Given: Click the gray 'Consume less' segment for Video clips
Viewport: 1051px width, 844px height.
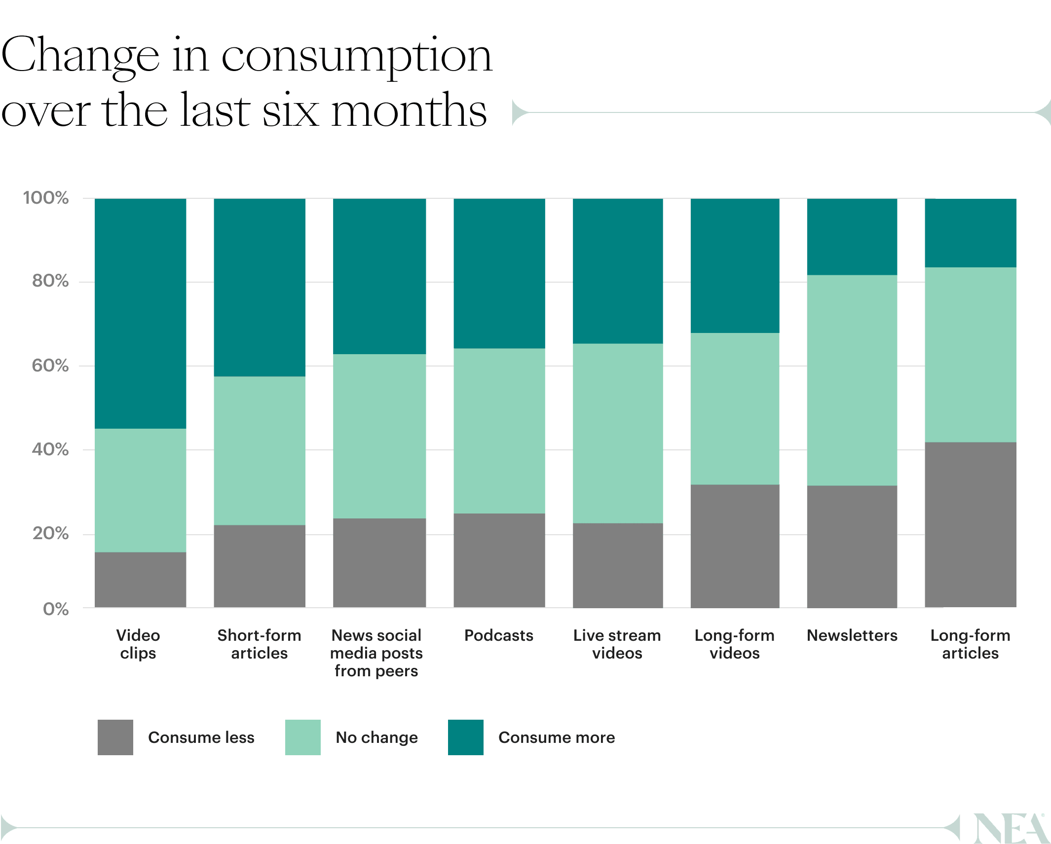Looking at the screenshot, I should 141,580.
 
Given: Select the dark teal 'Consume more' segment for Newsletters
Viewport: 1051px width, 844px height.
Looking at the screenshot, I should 852,237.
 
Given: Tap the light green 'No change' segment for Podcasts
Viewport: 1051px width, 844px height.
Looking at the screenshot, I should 499,431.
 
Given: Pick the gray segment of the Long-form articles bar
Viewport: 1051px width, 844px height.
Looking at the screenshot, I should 970,524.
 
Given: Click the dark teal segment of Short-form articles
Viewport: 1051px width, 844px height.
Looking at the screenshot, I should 260,288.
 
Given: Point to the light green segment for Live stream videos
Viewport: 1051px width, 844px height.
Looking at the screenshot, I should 618,433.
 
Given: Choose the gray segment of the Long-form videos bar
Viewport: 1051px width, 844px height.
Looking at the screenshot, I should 735,546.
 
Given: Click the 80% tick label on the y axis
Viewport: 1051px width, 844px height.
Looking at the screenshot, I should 50,281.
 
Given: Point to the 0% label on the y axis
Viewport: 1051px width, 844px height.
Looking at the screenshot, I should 56,609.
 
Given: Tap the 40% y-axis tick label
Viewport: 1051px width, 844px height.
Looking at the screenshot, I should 50,449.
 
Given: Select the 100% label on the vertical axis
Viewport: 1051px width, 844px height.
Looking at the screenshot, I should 46,198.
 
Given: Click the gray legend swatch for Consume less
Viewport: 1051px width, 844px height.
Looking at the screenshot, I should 115,737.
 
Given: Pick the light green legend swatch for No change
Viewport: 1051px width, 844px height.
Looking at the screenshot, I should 303,737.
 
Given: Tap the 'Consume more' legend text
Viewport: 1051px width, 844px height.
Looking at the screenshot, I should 557,737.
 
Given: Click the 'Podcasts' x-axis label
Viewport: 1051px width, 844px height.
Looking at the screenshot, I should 499,635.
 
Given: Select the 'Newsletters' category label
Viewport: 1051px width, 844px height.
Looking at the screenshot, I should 852,635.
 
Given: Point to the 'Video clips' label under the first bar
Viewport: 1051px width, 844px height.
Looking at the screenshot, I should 138,644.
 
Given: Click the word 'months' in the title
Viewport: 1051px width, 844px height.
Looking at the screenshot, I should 409,111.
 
